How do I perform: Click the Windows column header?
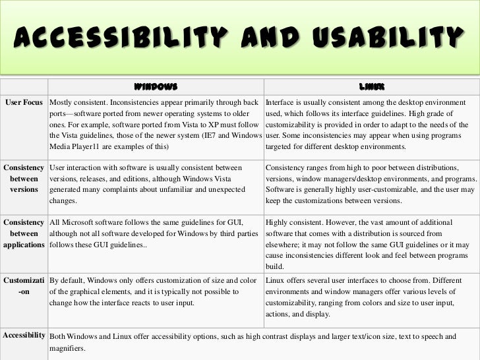pos(156,86)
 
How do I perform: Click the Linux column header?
pos(371,86)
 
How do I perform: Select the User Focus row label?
pos(24,103)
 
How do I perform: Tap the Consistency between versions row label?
pos(24,179)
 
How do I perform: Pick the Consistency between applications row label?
pos(24,233)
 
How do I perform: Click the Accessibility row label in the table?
pos(24,335)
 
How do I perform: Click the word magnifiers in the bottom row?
pos(67,347)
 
